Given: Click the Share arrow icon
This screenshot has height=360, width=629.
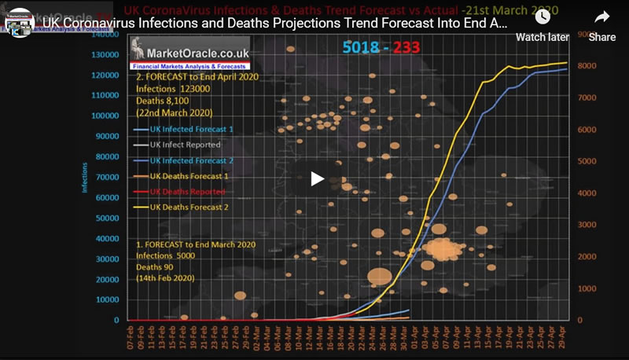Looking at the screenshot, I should pos(602,17).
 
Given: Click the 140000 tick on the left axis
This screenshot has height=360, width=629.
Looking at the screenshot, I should pos(101,35).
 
